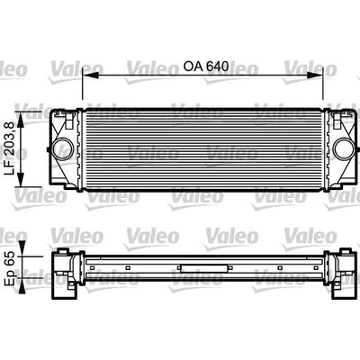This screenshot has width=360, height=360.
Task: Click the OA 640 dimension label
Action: (x=206, y=66)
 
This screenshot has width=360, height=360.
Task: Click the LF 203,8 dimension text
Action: (x=10, y=149)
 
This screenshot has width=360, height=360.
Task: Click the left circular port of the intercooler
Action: (x=63, y=149)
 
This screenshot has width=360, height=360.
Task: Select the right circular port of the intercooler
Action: (x=344, y=149)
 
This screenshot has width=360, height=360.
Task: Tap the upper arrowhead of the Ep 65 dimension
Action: (x=22, y=248)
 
